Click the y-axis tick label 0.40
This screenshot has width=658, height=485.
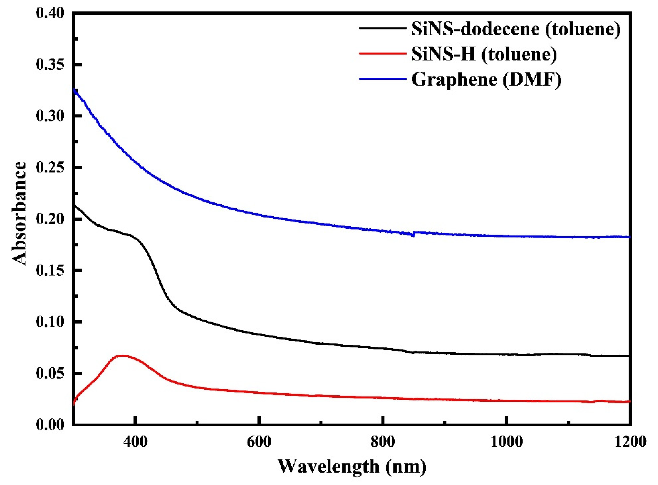click(x=50, y=13)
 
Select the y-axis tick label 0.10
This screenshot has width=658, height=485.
click(x=50, y=322)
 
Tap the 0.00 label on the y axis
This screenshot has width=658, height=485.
click(x=50, y=425)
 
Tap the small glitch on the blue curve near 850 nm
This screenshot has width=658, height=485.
click(x=414, y=234)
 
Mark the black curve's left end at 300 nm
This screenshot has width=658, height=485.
click(x=74, y=205)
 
